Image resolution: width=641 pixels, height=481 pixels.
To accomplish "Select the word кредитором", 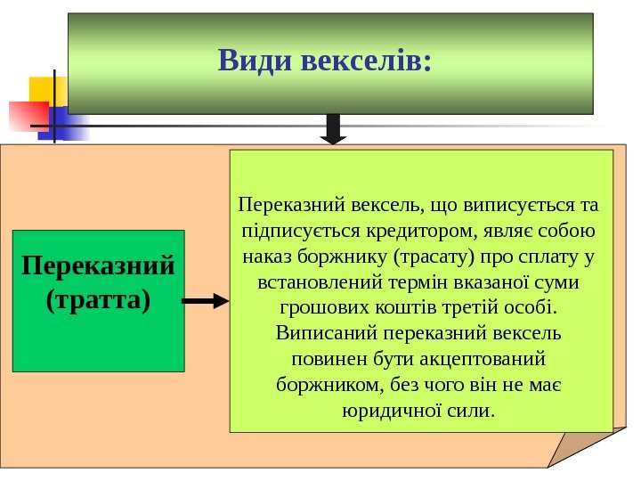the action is point(418,232).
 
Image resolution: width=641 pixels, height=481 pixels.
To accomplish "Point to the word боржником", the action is point(328,386).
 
